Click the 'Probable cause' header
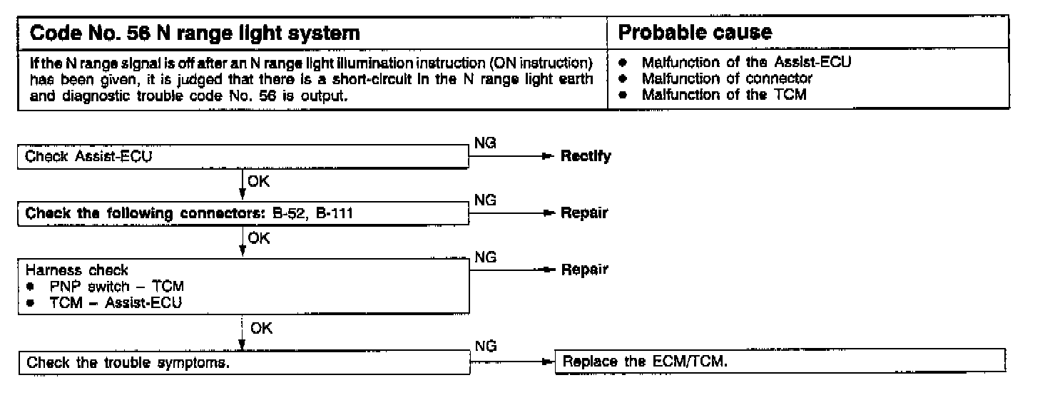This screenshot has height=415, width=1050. pyautogui.click(x=695, y=34)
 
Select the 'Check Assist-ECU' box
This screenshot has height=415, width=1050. pyautogui.click(x=243, y=157)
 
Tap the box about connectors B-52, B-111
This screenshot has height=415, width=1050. pyautogui.click(x=243, y=213)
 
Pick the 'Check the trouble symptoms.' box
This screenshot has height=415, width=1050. pyautogui.click(x=243, y=363)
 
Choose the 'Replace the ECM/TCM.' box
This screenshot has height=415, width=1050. pyautogui.click(x=780, y=361)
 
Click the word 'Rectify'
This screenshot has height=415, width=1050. pyautogui.click(x=586, y=156)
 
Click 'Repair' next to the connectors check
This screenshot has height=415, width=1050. pyautogui.click(x=584, y=212)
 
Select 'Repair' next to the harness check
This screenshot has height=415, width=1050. pyautogui.click(x=584, y=270)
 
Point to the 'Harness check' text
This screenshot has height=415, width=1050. pyautogui.click(x=77, y=270)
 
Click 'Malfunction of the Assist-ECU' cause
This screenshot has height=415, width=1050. pyautogui.click(x=747, y=62)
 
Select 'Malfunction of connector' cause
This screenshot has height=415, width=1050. pyautogui.click(x=727, y=78)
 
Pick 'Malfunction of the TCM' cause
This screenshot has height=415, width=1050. pyautogui.click(x=724, y=93)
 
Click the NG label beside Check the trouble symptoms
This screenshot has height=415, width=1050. pyautogui.click(x=485, y=347)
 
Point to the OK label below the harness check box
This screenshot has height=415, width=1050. pyautogui.click(x=260, y=329)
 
